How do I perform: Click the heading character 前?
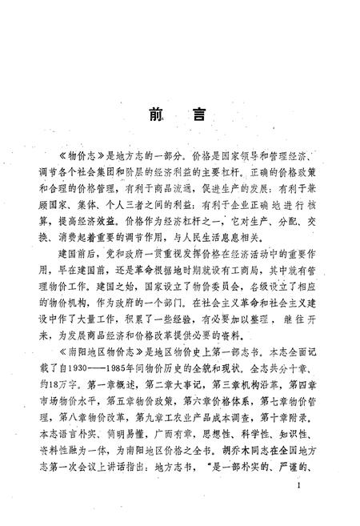tap(154, 114)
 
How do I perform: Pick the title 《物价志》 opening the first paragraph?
tap(82, 153)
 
